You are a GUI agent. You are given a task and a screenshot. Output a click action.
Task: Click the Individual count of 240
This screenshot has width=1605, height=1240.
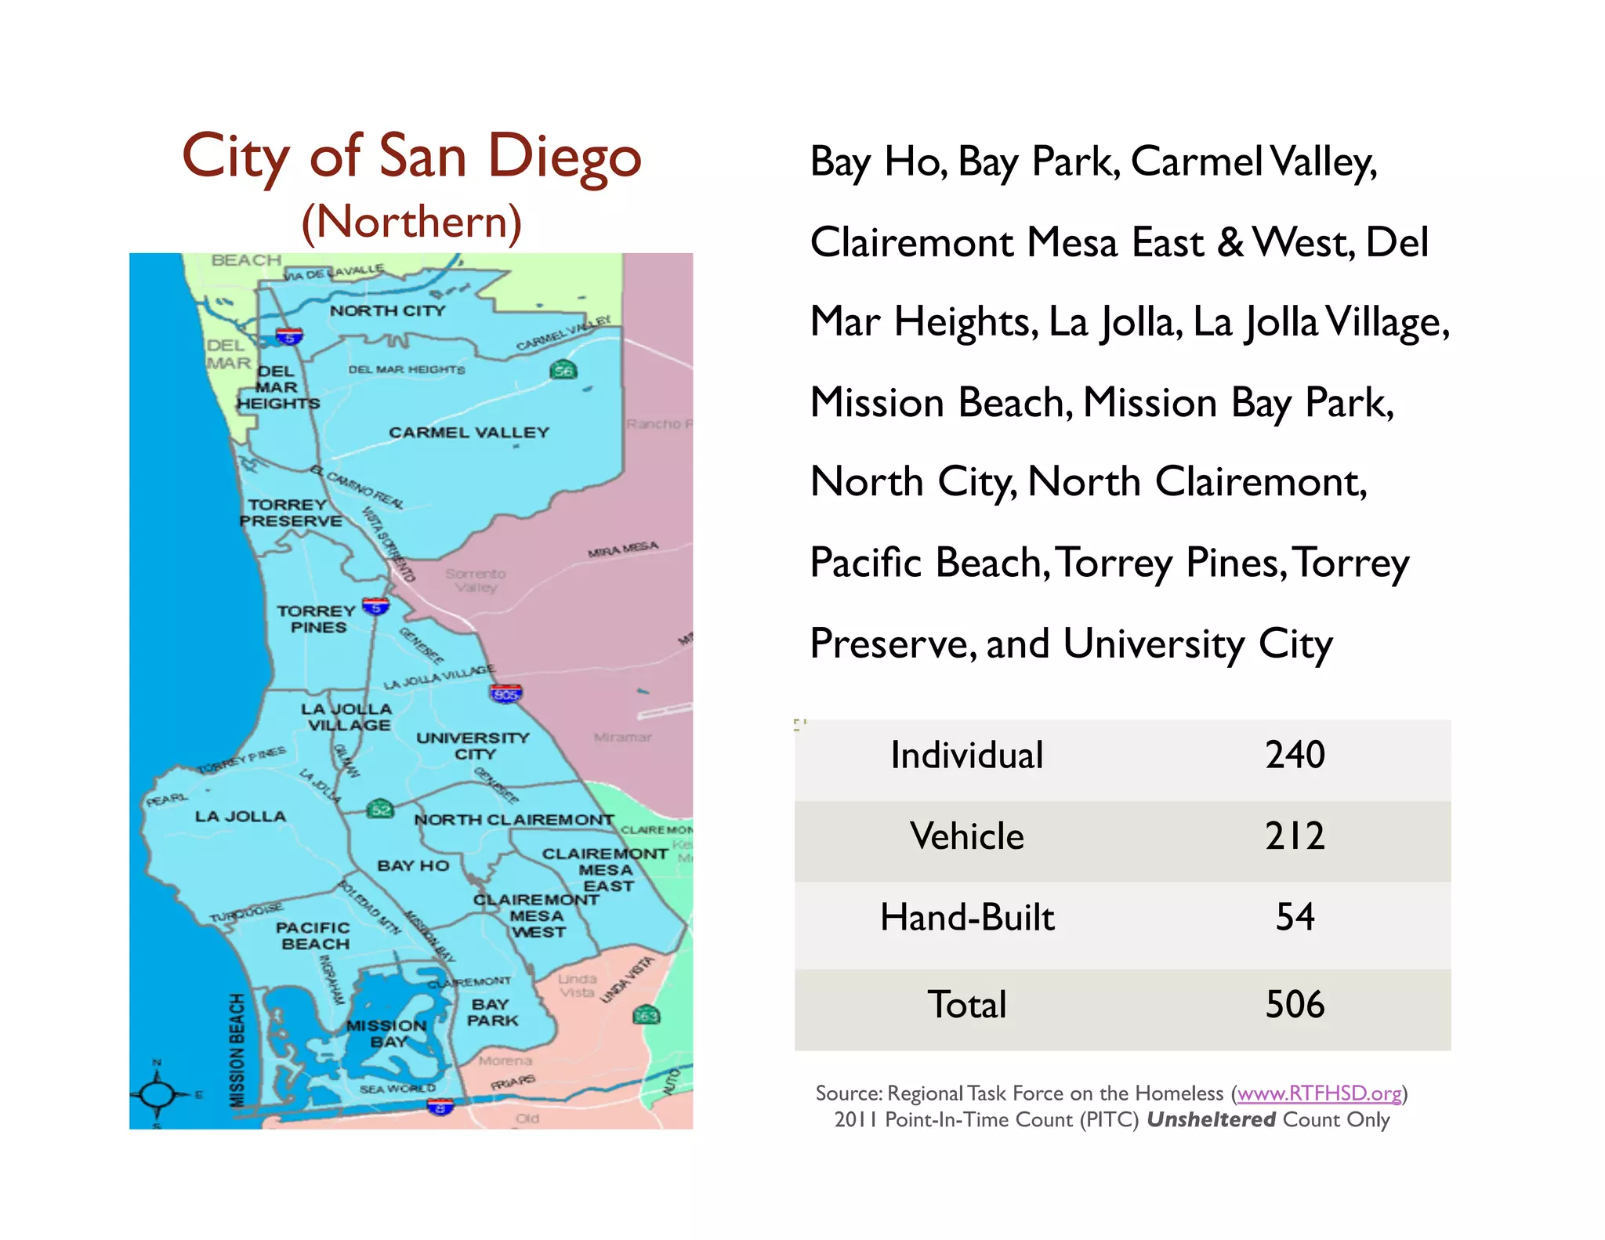click(1295, 756)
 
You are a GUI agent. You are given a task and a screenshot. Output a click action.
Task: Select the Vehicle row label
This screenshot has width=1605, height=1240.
click(966, 836)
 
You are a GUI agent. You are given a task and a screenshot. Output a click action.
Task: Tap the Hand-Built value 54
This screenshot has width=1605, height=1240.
click(1295, 917)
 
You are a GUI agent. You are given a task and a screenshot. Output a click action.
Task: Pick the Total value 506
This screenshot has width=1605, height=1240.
click(1295, 1005)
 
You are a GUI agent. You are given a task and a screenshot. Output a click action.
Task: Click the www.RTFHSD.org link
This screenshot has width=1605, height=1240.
click(1319, 1093)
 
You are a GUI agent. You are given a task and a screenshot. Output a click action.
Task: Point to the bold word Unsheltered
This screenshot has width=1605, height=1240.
click(1211, 1120)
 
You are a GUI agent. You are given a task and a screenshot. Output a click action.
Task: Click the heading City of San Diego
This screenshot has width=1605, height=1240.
click(411, 157)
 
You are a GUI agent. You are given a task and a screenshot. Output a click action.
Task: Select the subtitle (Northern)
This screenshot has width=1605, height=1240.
click(411, 223)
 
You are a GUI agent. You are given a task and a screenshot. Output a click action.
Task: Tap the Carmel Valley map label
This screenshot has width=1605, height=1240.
click(469, 433)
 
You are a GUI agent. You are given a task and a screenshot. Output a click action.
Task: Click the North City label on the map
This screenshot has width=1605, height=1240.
click(387, 311)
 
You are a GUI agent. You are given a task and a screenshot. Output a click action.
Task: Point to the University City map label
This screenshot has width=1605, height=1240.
click(473, 746)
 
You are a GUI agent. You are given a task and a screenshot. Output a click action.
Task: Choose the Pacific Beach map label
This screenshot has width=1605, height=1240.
click(313, 936)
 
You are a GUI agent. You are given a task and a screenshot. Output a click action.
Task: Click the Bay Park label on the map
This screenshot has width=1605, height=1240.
click(492, 1013)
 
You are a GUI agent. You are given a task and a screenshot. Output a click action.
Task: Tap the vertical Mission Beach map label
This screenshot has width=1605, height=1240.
click(237, 1050)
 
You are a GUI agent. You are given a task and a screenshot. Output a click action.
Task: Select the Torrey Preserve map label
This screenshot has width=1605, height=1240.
click(290, 513)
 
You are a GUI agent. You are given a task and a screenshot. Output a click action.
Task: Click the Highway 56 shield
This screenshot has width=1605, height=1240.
click(563, 370)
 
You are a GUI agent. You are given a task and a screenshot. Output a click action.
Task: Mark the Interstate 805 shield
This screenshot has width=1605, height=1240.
click(505, 694)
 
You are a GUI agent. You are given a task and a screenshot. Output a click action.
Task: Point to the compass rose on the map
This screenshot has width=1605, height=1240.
click(158, 1094)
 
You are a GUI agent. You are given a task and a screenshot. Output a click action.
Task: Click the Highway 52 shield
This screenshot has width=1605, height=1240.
click(380, 809)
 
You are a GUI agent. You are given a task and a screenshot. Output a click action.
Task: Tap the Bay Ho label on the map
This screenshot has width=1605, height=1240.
click(413, 866)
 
